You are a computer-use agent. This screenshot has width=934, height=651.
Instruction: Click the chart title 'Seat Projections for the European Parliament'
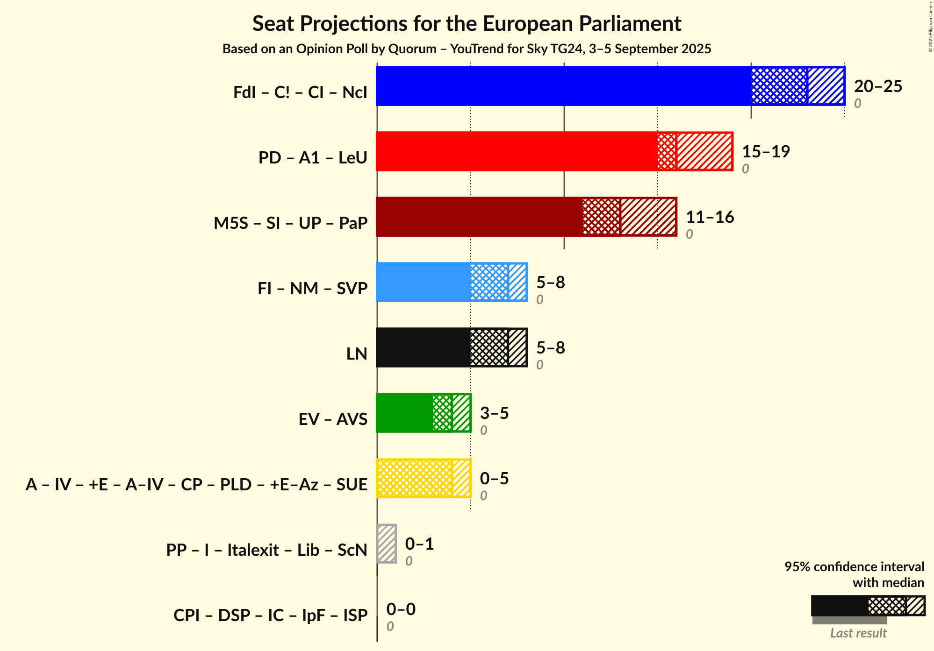467,23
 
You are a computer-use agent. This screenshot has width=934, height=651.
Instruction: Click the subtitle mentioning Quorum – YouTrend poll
467,49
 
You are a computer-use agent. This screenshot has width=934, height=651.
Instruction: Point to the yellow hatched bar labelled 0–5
423,478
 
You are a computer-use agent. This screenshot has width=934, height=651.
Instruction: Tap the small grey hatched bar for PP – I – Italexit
387,544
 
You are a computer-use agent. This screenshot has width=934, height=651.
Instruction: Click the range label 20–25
878,86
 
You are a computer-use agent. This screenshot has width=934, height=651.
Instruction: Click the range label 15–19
766,151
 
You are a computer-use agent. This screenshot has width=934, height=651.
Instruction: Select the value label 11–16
710,217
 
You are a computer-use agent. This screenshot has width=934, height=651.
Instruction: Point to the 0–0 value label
401,609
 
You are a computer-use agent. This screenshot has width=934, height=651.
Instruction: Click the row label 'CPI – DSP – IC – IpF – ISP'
270,615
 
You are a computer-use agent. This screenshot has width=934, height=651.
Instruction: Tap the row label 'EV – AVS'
333,419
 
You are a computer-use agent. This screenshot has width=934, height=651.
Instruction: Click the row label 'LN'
357,354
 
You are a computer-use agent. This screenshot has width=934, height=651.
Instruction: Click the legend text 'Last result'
858,633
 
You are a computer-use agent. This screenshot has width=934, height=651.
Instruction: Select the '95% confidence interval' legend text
854,566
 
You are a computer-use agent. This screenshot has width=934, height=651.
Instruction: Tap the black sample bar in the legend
839,606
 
